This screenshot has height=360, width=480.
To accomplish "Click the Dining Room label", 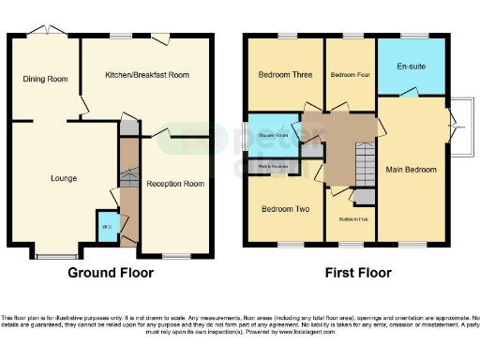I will click(x=46, y=80).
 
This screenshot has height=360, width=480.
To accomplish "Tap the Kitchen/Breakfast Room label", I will click(x=146, y=74).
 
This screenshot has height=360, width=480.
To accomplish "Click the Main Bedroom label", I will click(x=412, y=171).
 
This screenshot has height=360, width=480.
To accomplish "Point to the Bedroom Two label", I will click(x=285, y=208).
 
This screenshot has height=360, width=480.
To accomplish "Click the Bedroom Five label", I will click(x=352, y=218).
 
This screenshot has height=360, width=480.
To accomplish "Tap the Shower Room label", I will click(x=273, y=135).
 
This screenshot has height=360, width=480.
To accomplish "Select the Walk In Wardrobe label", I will click(x=273, y=167).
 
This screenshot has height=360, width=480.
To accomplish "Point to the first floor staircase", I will click(x=364, y=165).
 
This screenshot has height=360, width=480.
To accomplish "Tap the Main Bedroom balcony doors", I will click(x=455, y=116).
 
